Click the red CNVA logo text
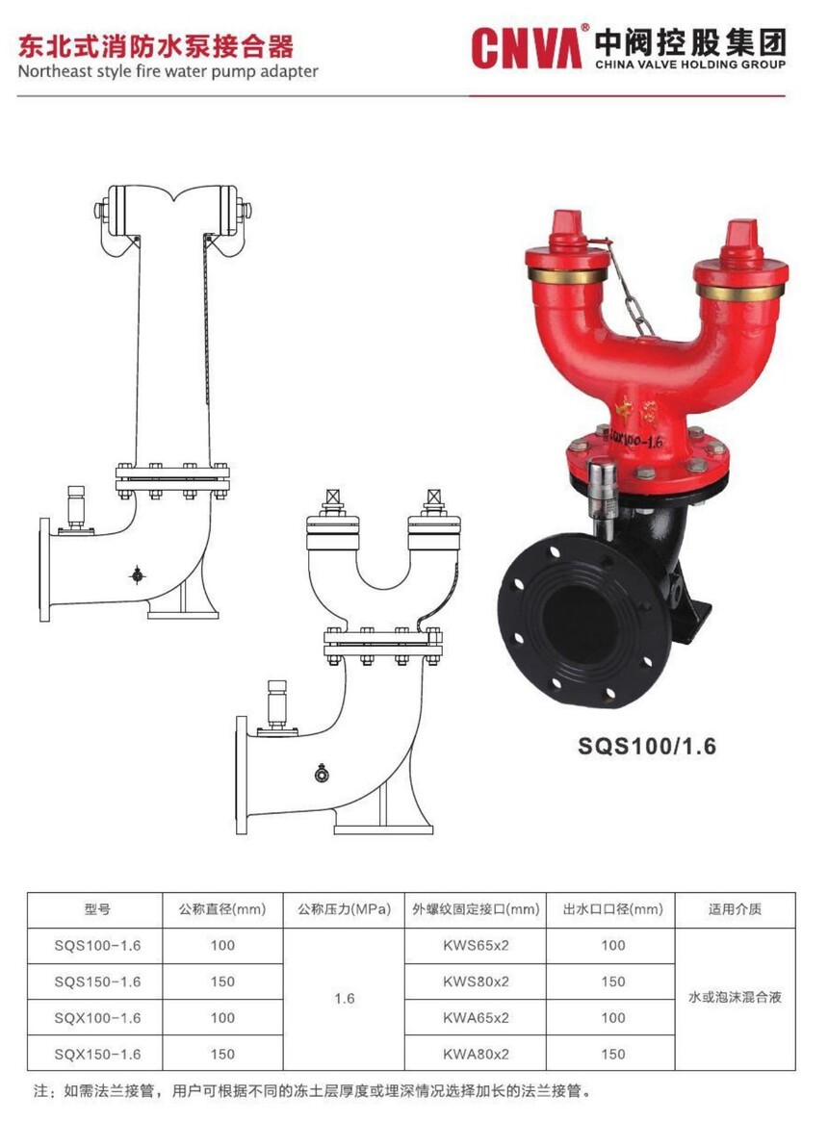tap(526, 47)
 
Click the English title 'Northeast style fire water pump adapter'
tap(168, 71)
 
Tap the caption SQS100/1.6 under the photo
tap(647, 747)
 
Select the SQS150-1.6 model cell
tap(97, 982)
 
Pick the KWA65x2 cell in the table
tap(476, 1017)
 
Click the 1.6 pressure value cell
tap(345, 998)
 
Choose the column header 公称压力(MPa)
tap(345, 909)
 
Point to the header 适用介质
tap(735, 909)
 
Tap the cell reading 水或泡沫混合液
tap(735, 998)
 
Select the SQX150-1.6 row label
tap(97, 1054)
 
